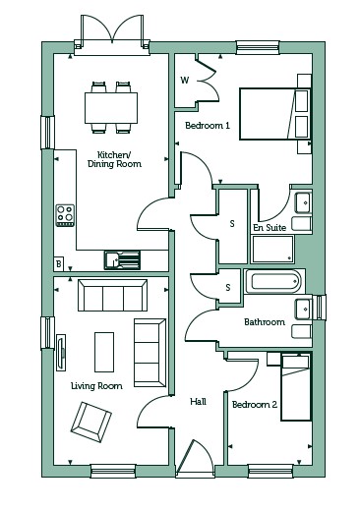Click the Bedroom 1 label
click(208, 125)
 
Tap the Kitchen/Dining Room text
click(114, 159)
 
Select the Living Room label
click(96, 386)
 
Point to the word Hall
click(198, 401)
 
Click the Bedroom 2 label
click(255, 405)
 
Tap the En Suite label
click(270, 227)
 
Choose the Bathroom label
click(265, 322)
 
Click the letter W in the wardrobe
click(185, 80)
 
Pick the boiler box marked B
click(59, 263)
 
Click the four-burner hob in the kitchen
click(65, 215)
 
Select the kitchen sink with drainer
click(122, 260)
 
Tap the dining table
click(111, 108)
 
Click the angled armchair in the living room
click(91, 422)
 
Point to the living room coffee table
click(104, 352)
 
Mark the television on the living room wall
click(61, 353)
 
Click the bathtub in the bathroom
click(275, 282)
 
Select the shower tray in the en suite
click(273, 249)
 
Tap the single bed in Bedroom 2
click(296, 386)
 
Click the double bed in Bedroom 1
click(275, 114)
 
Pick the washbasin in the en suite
click(303, 203)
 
